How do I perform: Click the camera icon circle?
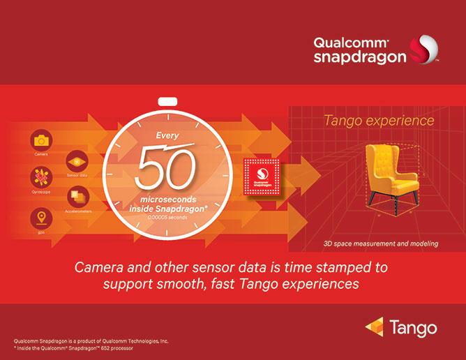[41, 140]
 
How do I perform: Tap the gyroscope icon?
[41, 177]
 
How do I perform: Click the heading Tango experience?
[379, 121]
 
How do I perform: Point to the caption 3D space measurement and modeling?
[381, 243]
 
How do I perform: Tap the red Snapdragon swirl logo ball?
[424, 50]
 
